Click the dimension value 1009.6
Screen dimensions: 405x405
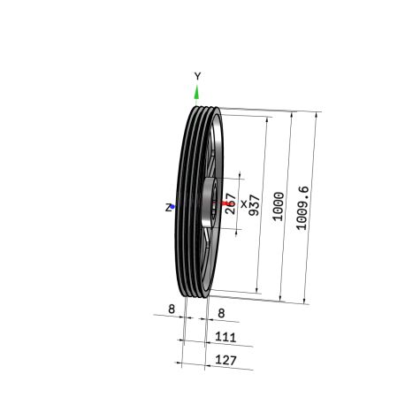pos(302,208)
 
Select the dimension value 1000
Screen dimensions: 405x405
pos(279,206)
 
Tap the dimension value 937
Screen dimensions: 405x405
pos(254,205)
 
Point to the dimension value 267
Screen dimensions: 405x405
pos(231,203)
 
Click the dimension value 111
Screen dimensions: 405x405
pos(225,337)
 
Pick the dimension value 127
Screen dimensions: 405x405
pos(225,360)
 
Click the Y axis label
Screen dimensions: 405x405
pos(197,76)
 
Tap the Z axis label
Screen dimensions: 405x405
pos(168,208)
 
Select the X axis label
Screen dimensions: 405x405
pos(244,203)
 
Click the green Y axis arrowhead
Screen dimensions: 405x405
pos(196,92)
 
